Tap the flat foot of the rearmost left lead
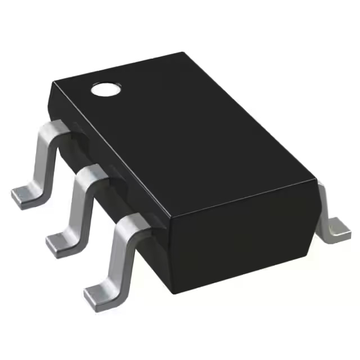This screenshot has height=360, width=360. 25,195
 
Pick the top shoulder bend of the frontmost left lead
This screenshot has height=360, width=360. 130,223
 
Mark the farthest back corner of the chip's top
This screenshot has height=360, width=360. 183,53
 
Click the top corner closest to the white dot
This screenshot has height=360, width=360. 52,84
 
